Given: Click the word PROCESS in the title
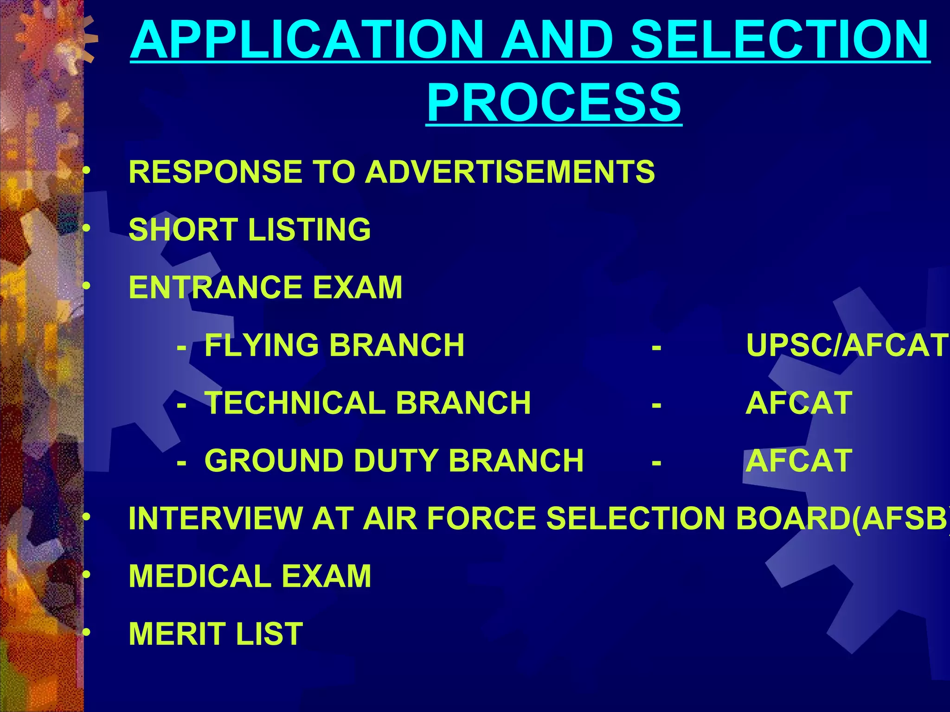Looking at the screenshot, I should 554,102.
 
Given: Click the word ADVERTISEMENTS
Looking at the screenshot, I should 510,172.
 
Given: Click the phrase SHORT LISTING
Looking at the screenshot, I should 250,229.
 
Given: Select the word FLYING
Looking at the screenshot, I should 262,345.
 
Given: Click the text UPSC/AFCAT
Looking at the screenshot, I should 847,345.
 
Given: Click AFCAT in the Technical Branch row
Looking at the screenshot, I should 799,403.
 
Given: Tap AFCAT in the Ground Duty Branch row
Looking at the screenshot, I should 799,461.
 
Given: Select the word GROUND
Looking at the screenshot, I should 273,461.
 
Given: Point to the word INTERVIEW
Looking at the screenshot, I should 215,518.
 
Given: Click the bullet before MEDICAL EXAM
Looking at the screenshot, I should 86,575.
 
